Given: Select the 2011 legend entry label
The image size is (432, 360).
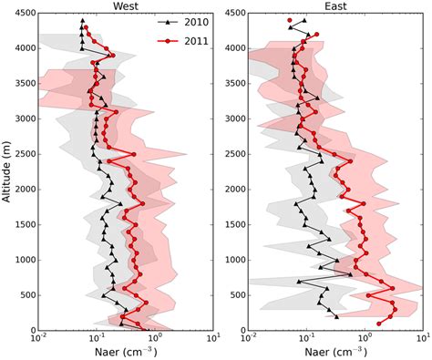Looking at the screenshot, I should coord(194,42).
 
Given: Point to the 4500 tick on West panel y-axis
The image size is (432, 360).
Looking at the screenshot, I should coord(22,13).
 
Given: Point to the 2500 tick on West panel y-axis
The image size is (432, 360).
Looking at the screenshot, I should coord(22,154).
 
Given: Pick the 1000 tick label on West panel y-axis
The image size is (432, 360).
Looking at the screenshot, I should coord(22,260).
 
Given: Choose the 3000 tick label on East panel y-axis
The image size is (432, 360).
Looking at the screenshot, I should coord(231,118).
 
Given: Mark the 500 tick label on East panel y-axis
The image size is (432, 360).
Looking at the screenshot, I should coord(234,295).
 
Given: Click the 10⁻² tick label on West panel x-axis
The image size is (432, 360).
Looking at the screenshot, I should coord(38,338).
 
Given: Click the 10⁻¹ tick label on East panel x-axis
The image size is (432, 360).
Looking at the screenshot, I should coord(306,338).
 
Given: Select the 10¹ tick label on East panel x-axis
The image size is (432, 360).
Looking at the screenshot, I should coord(422,338).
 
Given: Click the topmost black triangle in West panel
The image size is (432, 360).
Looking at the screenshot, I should coord(82,20).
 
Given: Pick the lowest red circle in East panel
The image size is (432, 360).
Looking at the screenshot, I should coord(379,324).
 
